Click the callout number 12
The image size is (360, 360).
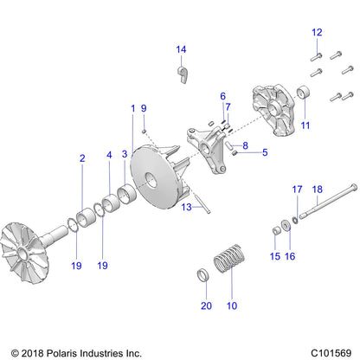point(316,32)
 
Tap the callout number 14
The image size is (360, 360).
point(182,48)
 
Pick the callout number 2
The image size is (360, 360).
point(82,158)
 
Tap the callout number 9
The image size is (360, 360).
point(145,107)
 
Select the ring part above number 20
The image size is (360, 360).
point(205,276)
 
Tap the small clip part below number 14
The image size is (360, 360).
point(183,73)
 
